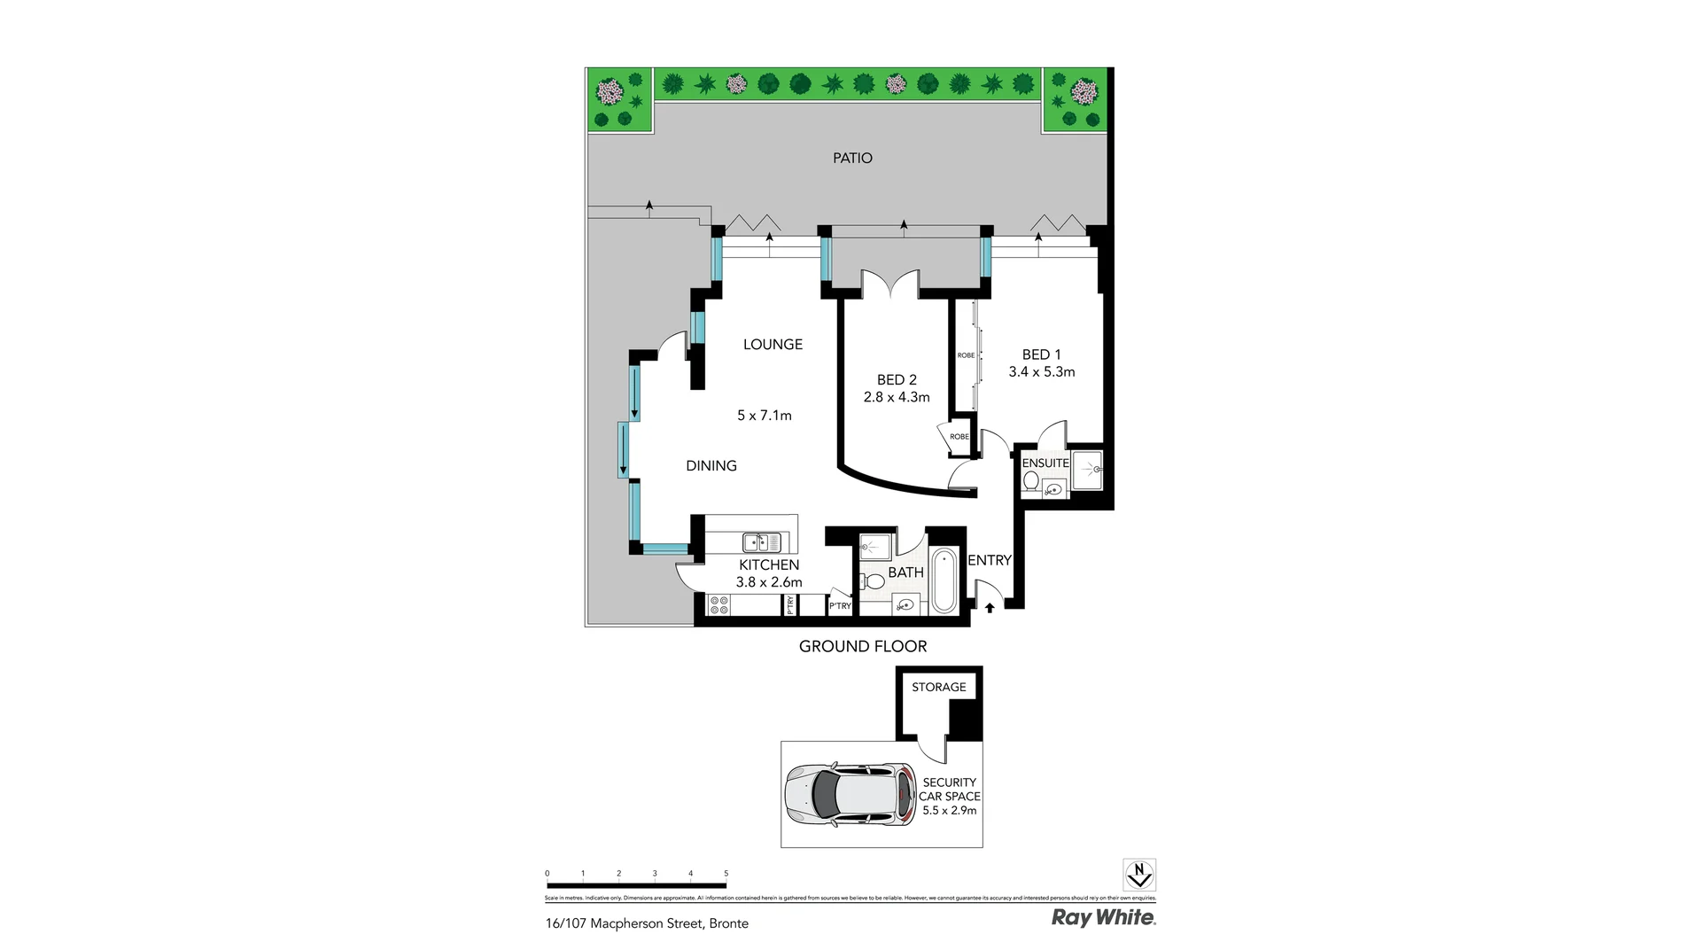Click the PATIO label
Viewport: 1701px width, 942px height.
pyautogui.click(x=852, y=158)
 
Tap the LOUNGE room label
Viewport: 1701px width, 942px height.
pyautogui.click(x=773, y=345)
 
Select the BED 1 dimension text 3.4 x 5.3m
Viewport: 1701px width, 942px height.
pyautogui.click(x=1041, y=372)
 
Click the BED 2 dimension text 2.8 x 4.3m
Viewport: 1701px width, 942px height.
pyautogui.click(x=897, y=397)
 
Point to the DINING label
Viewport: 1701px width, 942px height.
pyautogui.click(x=711, y=465)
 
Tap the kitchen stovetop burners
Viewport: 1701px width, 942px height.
pyautogui.click(x=719, y=605)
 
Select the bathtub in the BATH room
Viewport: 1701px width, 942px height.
pyautogui.click(x=944, y=580)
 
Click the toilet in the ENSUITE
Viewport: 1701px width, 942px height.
pyautogui.click(x=1030, y=480)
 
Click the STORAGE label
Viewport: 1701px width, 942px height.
pyautogui.click(x=938, y=687)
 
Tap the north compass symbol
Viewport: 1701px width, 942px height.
pyautogui.click(x=1138, y=875)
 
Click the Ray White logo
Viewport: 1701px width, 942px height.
pyautogui.click(x=1103, y=917)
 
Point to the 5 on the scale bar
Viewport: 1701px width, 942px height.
pyautogui.click(x=726, y=874)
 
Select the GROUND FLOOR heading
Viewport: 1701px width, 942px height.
pyautogui.click(x=862, y=646)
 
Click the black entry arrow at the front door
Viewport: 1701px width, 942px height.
pyautogui.click(x=990, y=608)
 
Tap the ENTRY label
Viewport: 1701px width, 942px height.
pyautogui.click(x=989, y=560)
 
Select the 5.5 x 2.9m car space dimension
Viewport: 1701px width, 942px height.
pyautogui.click(x=949, y=810)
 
